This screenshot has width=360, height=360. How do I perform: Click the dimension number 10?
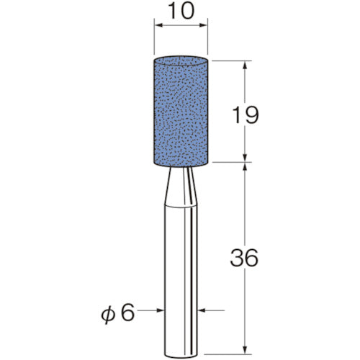(181, 12)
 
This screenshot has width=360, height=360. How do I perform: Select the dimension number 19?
(246, 115)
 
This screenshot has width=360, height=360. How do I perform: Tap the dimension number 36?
(244, 258)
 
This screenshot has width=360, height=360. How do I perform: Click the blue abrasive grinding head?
(181, 111)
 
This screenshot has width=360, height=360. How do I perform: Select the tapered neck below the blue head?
(181, 186)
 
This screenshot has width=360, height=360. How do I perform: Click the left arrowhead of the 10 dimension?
(158, 25)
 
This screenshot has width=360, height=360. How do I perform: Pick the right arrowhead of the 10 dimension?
(203, 25)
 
